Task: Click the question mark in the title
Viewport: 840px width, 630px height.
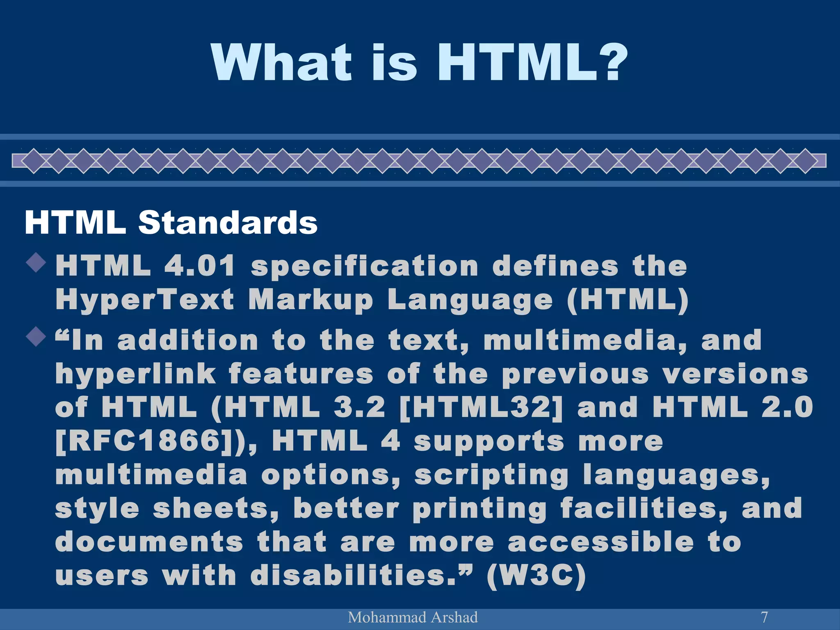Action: coord(610,62)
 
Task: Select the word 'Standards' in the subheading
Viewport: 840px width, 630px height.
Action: coord(228,223)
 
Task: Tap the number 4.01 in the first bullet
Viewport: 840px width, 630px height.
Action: coord(200,265)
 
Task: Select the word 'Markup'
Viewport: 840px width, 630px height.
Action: coord(310,300)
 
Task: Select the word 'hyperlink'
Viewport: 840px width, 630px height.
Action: coord(136,374)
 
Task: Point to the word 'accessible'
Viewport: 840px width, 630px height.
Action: coord(601,542)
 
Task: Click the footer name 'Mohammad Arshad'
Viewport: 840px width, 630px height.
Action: coord(413,617)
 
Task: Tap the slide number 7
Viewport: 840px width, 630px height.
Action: coord(764,617)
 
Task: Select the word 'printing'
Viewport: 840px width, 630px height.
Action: coord(479,509)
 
